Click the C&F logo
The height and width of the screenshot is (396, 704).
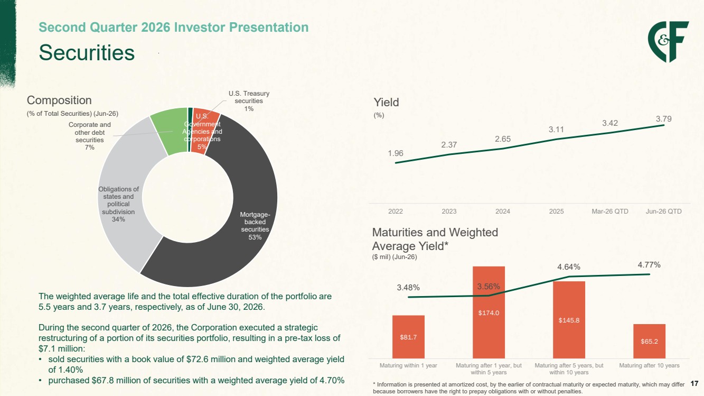(668, 42)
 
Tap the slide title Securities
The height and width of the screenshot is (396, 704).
(87, 52)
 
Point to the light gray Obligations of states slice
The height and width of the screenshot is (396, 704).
(126, 195)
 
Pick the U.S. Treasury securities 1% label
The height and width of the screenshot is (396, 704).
(249, 101)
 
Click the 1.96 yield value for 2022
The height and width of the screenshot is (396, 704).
(396, 153)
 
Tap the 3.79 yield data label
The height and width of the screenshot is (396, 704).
(663, 119)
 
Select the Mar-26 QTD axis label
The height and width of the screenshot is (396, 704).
(610, 211)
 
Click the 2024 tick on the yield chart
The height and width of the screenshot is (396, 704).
(503, 211)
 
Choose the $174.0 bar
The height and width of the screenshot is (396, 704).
(489, 312)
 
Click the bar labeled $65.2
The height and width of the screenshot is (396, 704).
(649, 341)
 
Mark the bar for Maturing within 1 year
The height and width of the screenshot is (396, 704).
(408, 337)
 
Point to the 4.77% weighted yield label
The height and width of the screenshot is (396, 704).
(649, 265)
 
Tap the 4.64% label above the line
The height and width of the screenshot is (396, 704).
(569, 267)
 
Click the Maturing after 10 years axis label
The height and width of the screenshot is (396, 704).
(649, 365)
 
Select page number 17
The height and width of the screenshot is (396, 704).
(694, 384)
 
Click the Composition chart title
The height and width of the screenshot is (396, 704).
(59, 100)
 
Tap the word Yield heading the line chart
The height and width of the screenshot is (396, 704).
(386, 103)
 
